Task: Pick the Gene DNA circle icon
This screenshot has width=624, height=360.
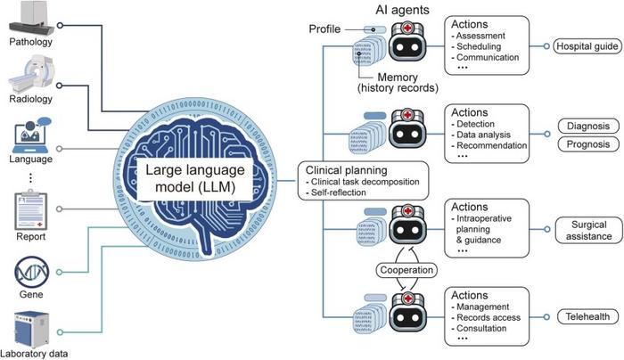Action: pyautogui.click(x=29, y=269)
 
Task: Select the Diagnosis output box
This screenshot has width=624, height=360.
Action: pyautogui.click(x=587, y=125)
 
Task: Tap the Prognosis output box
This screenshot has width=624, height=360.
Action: pyautogui.click(x=587, y=144)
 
